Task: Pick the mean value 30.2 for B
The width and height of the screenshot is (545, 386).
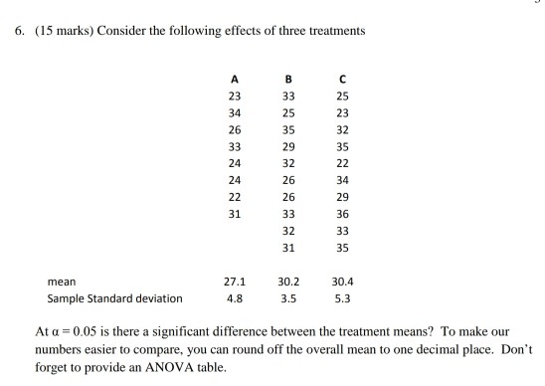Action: coord(288,281)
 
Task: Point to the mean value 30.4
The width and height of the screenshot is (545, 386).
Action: coord(343,281)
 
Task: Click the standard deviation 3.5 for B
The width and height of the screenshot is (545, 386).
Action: coord(288,297)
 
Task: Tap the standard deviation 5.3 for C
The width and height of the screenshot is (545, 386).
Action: coord(343,297)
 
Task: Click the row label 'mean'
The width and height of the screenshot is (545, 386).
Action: coord(62,281)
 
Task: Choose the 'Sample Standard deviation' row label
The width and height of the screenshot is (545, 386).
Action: coord(115,297)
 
